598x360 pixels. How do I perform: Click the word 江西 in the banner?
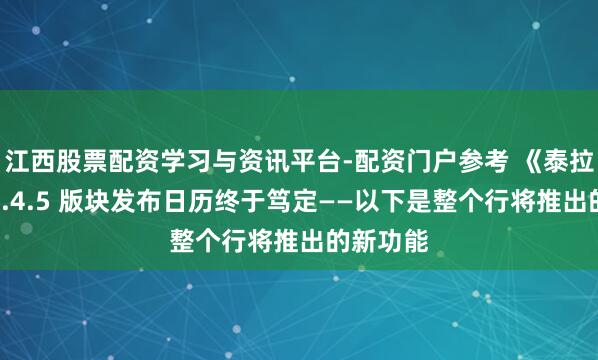[29, 159]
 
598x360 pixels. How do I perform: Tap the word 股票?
[74, 159]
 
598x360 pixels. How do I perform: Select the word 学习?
[162, 159]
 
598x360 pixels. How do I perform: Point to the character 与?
[196, 159]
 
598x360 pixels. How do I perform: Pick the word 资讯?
[229, 159]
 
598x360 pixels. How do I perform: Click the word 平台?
[273, 159]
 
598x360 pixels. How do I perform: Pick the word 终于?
[212, 200]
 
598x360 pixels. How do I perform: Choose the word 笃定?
[257, 200]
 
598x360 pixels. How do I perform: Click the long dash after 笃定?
[301, 200]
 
